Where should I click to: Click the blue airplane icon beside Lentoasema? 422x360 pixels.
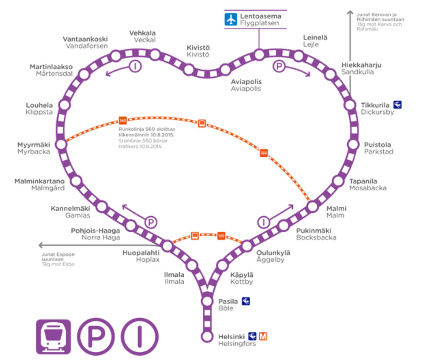231,20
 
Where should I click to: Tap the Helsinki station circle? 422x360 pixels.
207,337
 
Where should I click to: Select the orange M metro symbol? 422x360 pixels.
263,336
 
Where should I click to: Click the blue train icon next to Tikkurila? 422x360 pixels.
397,105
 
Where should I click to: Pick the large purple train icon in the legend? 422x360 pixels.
53,337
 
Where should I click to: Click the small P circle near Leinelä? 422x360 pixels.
279,67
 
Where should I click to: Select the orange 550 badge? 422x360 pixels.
221,236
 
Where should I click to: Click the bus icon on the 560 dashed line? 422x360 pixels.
202,123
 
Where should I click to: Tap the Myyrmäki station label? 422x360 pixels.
34,145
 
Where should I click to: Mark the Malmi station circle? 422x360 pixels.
312,206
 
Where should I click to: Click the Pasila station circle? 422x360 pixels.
207,300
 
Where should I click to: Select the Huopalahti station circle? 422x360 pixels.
167,246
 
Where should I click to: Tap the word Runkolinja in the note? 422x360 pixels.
130,130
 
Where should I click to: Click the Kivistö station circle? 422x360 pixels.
225,70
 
